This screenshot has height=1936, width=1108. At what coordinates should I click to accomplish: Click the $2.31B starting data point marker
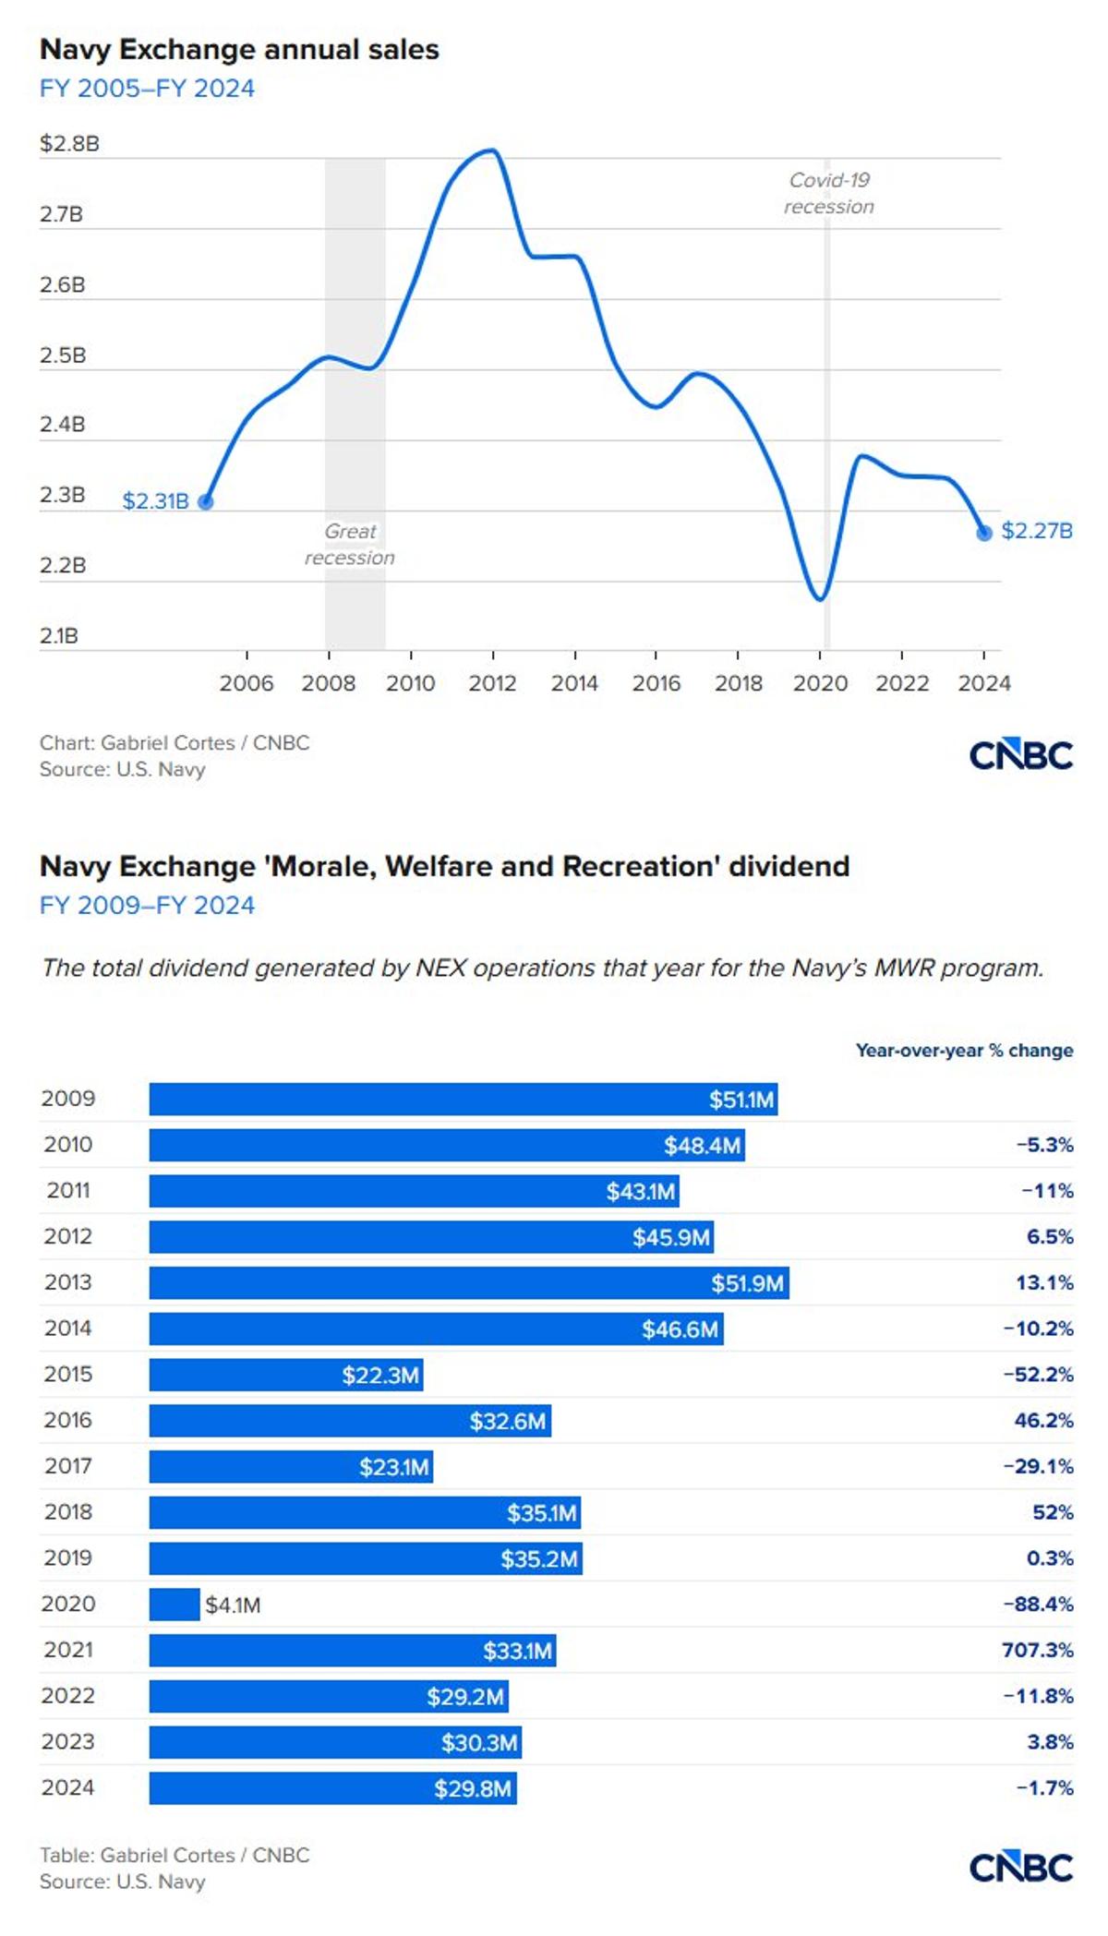206,502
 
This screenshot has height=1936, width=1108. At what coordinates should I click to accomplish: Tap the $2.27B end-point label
1036,531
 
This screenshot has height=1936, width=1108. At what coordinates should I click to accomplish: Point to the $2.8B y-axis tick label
69,144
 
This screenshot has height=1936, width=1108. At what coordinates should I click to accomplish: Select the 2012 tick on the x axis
492,683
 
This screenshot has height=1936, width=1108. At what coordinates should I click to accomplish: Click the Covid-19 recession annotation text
829,193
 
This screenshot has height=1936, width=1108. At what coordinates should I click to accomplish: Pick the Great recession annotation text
350,544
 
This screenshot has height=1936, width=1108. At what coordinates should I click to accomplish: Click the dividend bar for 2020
175,1605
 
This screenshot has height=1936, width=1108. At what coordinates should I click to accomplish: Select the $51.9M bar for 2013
469,1283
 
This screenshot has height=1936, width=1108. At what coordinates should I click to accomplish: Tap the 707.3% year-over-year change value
1037,1650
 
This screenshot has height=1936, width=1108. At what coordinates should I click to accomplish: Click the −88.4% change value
1038,1604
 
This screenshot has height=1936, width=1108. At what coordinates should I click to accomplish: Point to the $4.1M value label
233,1605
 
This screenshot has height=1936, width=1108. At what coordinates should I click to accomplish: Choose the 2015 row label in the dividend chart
67,1374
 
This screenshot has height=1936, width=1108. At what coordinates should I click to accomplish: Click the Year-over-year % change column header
964,1051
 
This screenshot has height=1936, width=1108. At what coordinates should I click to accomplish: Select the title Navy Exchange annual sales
239,50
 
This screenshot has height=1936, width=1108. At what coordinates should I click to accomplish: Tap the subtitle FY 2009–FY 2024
147,905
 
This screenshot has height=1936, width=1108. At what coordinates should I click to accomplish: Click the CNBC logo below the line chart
1020,755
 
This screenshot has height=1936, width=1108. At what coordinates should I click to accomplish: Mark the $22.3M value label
380,1376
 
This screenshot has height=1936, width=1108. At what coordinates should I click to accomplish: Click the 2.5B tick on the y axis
62,355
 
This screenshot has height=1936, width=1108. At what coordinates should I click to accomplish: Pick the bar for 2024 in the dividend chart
332,1788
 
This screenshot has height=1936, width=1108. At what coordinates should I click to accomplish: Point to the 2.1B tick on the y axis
59,636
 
